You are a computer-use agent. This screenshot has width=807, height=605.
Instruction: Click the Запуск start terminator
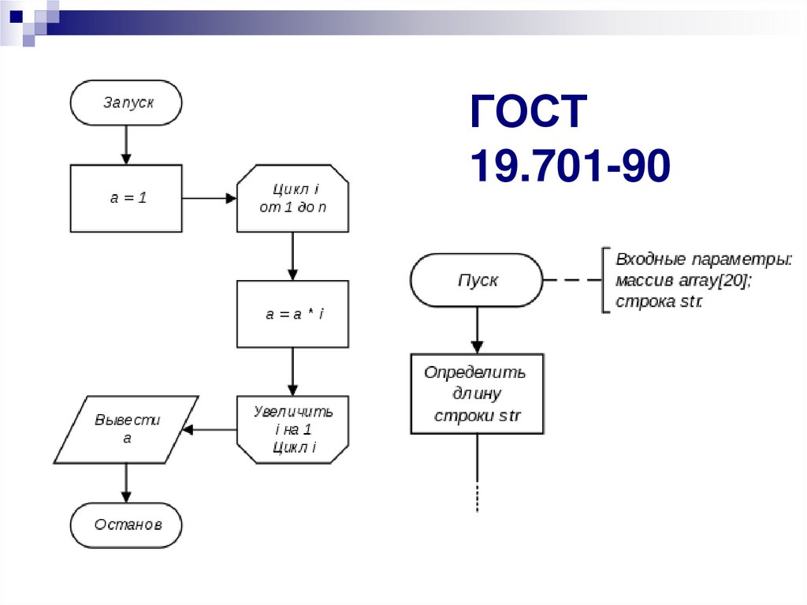coord(126,103)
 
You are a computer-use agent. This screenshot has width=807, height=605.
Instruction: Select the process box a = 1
coord(126,198)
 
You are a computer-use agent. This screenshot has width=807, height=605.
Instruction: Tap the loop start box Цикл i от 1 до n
coord(292,198)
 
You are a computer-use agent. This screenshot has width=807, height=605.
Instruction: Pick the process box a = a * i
coord(292,314)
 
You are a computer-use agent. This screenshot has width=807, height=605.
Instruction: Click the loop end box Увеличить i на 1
coord(292,429)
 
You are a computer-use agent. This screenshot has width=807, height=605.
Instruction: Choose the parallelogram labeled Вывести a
coord(126,429)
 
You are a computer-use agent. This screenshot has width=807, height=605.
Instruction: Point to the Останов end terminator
coord(126,525)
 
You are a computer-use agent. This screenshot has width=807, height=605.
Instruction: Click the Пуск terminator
coord(477,280)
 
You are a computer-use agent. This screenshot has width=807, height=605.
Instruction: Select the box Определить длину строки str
coord(477,394)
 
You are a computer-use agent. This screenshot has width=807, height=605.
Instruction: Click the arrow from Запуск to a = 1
coord(126,145)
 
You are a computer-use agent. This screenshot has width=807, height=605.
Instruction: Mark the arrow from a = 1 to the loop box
coord(209,198)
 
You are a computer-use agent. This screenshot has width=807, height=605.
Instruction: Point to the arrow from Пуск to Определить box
coord(477,330)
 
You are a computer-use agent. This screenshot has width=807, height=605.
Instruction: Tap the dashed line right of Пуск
coord(572,280)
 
